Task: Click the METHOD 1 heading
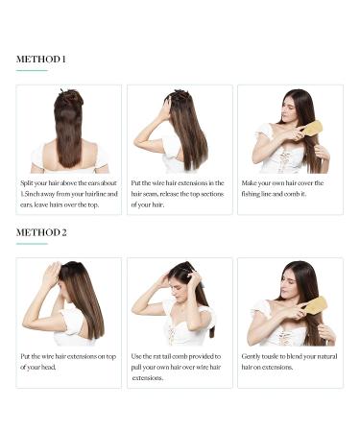tap(41, 60)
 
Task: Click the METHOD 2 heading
tap(41, 232)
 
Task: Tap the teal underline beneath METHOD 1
tap(32, 70)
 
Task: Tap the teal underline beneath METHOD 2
tap(32, 244)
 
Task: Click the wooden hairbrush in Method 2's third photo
tap(315, 305)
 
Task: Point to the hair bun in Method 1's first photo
tap(68, 98)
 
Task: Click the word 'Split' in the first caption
tap(27, 183)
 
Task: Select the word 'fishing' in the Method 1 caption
tap(251, 194)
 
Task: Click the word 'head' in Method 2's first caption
tap(49, 368)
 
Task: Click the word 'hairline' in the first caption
tap(95, 194)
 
